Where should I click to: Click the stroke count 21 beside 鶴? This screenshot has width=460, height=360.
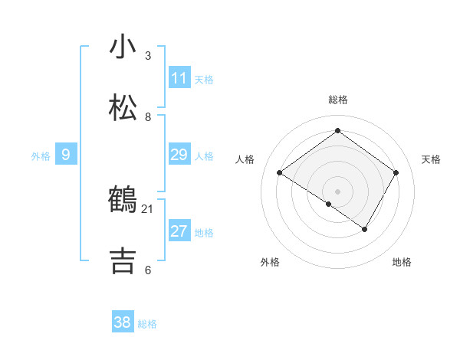point(148,208)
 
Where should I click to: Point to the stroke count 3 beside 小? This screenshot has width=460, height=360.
point(148,56)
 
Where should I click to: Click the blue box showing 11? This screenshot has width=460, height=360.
point(179,78)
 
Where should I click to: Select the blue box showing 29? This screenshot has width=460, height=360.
point(179,155)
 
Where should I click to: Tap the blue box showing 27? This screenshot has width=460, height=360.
point(179,231)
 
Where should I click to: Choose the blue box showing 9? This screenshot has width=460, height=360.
point(66,155)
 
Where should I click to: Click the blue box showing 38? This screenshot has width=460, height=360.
point(123,322)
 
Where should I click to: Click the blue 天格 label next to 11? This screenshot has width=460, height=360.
point(204,79)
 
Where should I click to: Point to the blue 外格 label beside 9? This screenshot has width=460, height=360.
point(41,155)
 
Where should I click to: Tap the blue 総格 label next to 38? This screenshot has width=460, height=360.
point(147,323)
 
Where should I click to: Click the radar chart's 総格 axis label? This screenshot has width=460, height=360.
point(337,100)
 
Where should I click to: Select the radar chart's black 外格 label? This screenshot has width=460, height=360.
point(270,262)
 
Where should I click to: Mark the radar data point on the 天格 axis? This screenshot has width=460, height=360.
point(396,173)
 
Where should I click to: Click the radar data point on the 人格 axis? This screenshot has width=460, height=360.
point(280,173)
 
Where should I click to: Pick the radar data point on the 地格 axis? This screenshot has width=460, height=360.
point(365,229)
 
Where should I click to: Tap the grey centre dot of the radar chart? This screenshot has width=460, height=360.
point(337,191)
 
